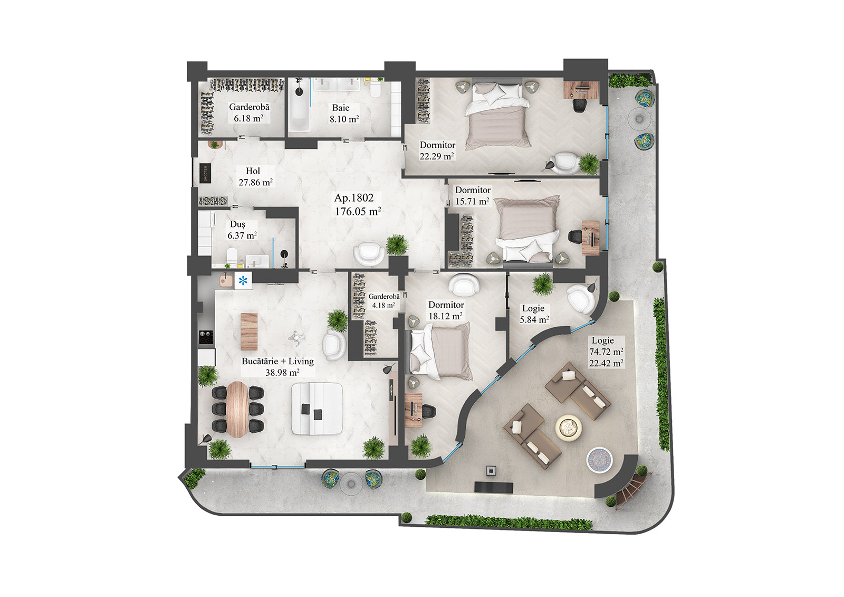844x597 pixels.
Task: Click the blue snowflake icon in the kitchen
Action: click(243, 281)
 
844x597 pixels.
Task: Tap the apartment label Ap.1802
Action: click(354, 198)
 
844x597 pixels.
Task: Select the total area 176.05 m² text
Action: click(358, 212)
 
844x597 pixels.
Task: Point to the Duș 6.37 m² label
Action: click(242, 230)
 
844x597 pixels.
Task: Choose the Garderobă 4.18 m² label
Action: click(383, 301)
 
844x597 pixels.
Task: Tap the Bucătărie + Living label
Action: click(277, 362)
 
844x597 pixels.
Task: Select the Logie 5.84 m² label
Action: click(534, 314)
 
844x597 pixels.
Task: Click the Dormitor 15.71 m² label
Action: click(473, 195)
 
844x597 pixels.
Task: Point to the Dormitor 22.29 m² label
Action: click(437, 150)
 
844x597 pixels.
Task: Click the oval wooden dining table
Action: click(237, 409)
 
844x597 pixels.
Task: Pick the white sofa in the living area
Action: click(317, 408)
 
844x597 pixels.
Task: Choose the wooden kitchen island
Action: click(249, 331)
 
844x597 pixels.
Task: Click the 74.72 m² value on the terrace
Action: click(606, 352)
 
